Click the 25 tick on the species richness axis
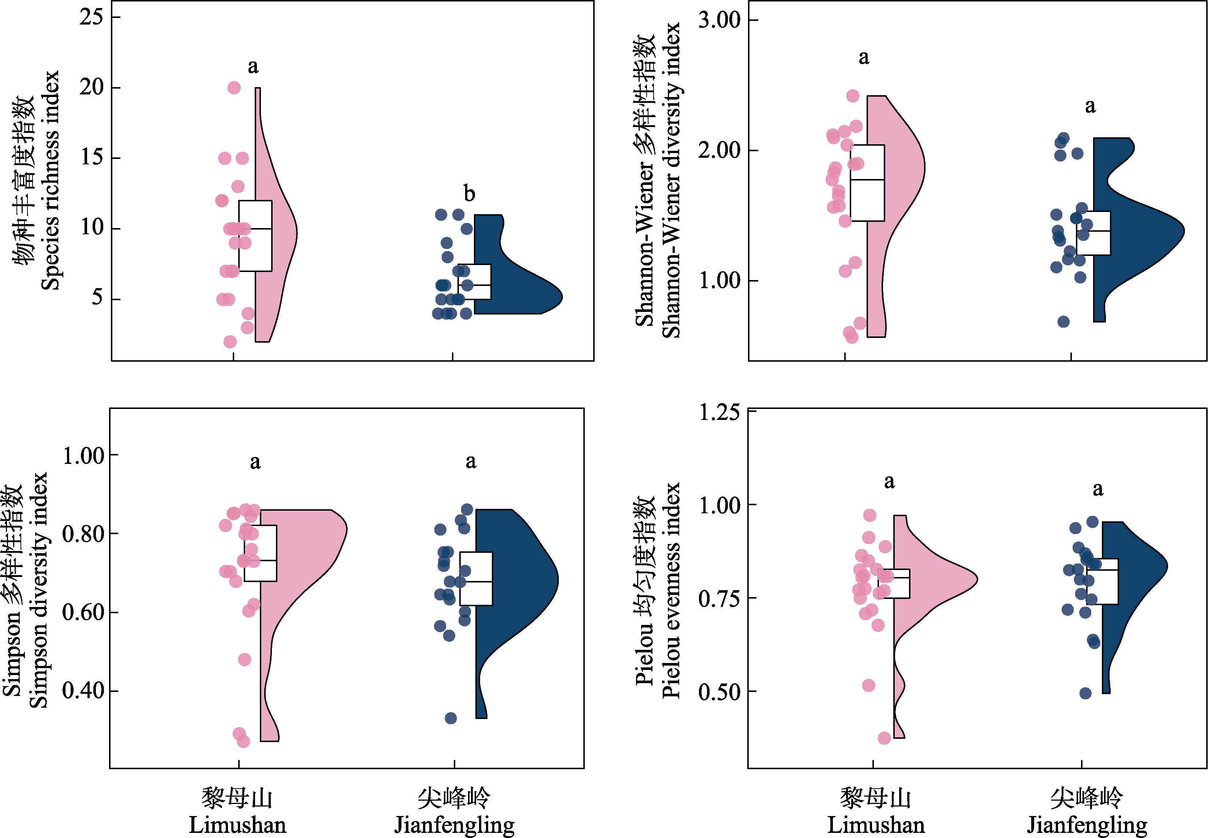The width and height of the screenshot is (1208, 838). point(92,17)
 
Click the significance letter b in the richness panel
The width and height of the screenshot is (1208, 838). point(469,194)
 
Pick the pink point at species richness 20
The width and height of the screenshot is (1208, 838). point(234,88)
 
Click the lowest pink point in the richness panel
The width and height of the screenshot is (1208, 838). point(230,342)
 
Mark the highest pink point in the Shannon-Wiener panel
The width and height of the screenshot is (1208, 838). point(853,96)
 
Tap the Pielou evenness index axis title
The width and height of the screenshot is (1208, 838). point(670,591)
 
